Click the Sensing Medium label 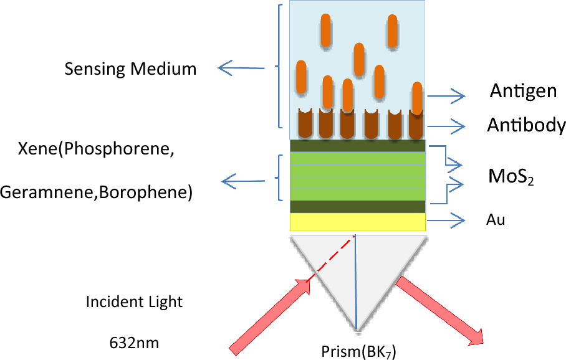130,69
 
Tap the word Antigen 522,92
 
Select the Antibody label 526,126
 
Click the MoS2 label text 512,179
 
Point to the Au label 495,220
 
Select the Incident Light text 134,303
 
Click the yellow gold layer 357,222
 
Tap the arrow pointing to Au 446,220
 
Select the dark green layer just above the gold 357,206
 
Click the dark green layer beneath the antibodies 357,146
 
